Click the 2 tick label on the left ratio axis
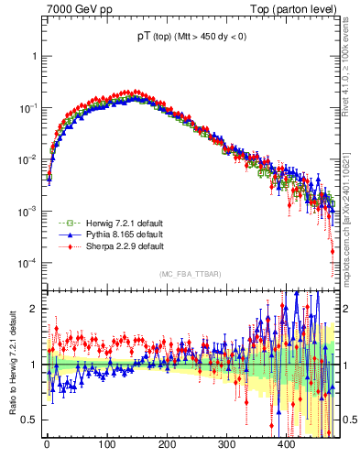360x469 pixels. (x=34, y=309)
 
